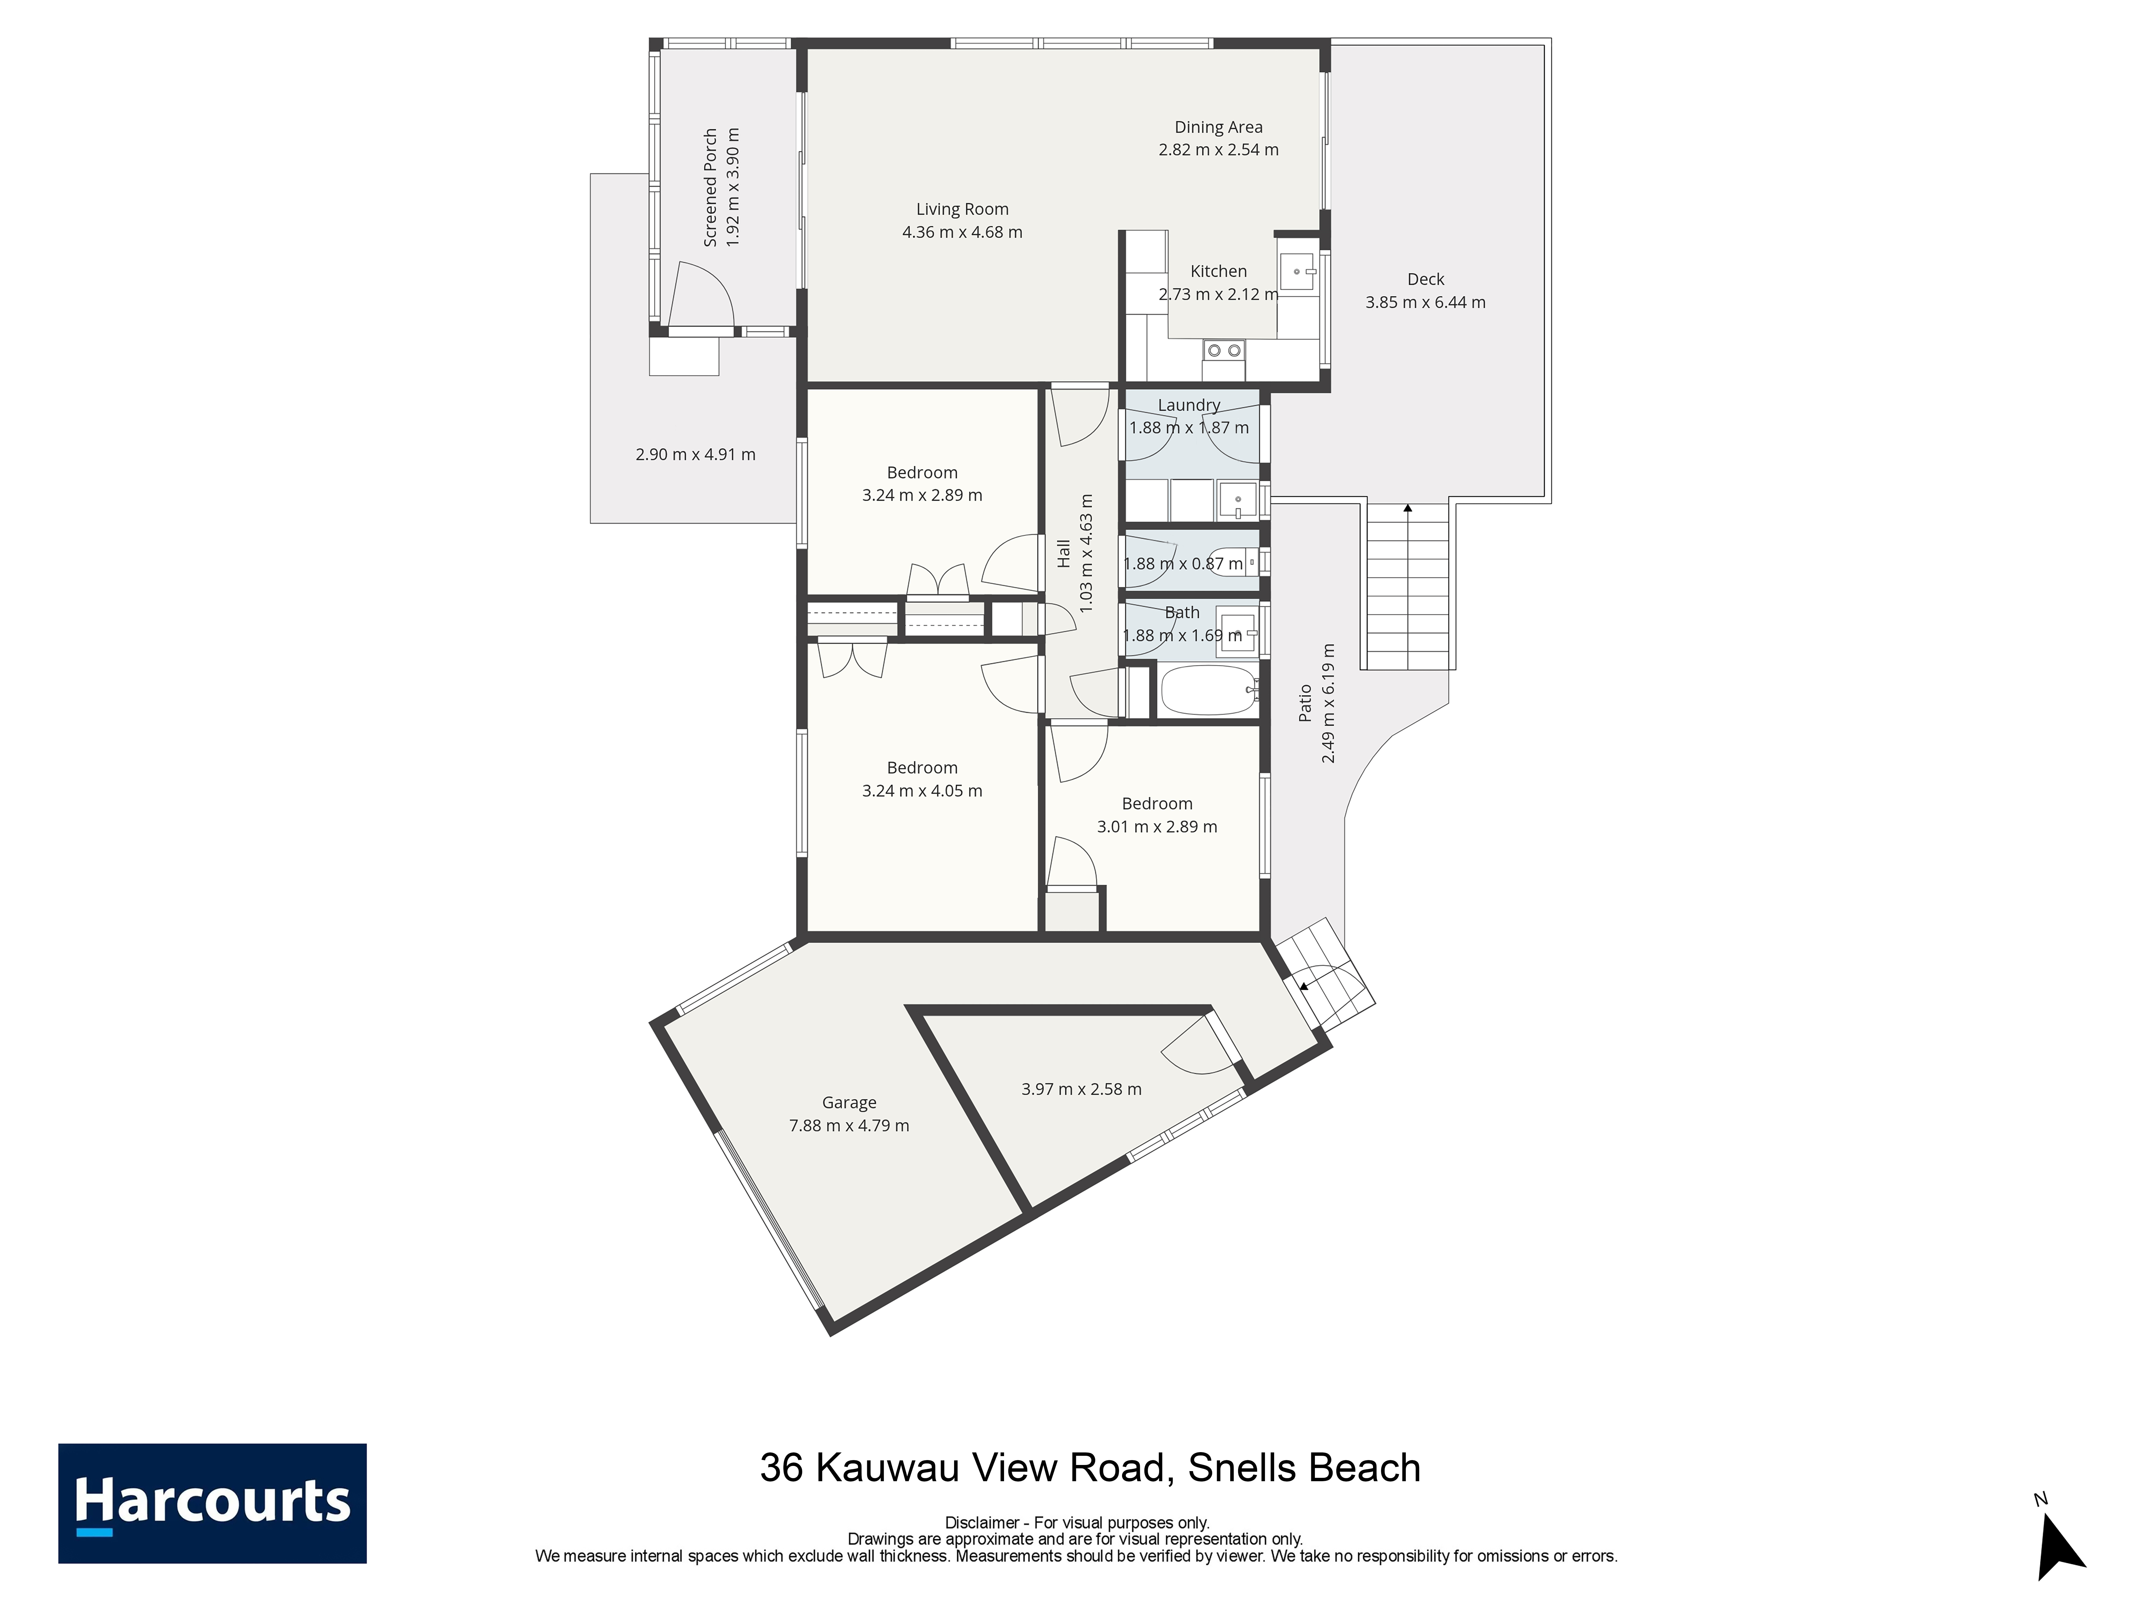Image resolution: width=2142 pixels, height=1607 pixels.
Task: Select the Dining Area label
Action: [x=1218, y=127]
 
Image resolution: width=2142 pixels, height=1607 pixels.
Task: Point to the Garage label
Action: [x=849, y=1102]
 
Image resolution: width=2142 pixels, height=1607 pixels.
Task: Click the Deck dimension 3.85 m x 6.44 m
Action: [x=1425, y=302]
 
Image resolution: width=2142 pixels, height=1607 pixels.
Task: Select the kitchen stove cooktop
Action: [x=1224, y=350]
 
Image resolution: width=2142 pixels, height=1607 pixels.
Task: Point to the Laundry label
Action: [x=1189, y=405]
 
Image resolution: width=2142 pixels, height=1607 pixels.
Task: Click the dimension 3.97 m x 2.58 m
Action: [x=1082, y=1089]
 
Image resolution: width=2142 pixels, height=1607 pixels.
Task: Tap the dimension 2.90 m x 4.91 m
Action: [x=695, y=454]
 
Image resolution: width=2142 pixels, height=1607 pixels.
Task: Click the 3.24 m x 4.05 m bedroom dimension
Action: [x=922, y=790]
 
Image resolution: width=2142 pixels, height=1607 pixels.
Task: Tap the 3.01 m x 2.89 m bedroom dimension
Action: [x=1157, y=826]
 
